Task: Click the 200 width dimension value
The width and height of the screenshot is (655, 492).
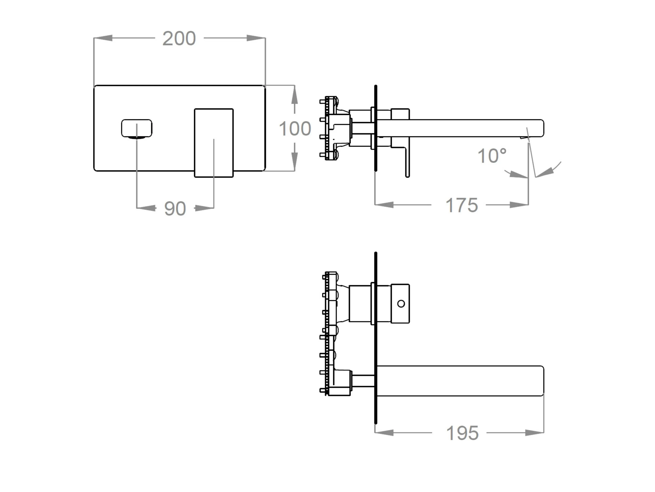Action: [179, 39]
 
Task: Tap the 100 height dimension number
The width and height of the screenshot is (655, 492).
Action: [295, 129]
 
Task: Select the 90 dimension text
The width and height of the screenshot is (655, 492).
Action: [175, 208]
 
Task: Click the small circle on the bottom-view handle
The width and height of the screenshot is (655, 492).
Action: [401, 303]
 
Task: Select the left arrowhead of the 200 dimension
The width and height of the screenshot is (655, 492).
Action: [103, 38]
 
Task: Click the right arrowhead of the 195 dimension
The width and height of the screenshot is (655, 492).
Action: [534, 433]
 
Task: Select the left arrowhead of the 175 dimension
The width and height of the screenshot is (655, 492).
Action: [384, 204]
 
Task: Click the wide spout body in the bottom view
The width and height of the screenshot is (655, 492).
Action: [460, 381]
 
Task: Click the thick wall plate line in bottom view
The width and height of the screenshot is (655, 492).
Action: [376, 338]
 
